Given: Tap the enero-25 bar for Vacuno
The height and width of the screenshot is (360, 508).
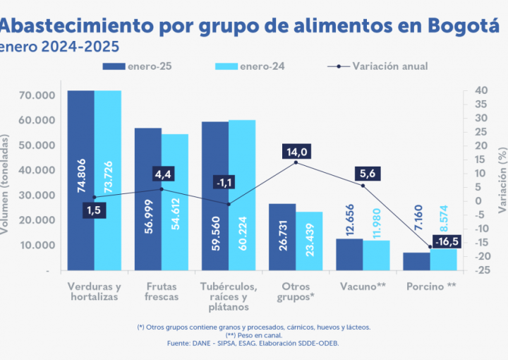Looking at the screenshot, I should pyautogui.click(x=349, y=254).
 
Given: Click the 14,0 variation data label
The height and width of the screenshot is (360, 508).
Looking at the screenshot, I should pyautogui.click(x=297, y=152).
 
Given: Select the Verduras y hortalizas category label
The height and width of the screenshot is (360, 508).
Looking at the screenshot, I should pyautogui.click(x=95, y=292).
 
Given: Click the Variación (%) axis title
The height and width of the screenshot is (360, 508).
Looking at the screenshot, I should pyautogui.click(x=502, y=181).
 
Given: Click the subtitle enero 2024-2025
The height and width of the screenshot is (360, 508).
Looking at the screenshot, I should pyautogui.click(x=59, y=47).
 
